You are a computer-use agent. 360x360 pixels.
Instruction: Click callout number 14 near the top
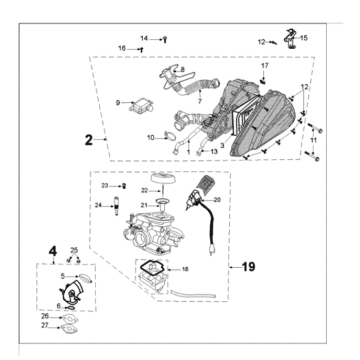pyautogui.click(x=143, y=37)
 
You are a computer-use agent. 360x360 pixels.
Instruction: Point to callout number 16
pyautogui.click(x=123, y=47)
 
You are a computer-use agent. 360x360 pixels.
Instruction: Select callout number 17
pyautogui.click(x=265, y=66)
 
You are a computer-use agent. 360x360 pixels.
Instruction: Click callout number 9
pyautogui.click(x=117, y=102)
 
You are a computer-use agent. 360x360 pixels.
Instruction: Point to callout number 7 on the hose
pyautogui.click(x=199, y=100)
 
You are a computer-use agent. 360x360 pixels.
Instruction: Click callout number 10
pyautogui.click(x=151, y=136)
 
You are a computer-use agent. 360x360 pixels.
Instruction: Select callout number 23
pyautogui.click(x=104, y=186)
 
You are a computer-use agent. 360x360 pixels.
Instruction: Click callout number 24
pyautogui.click(x=97, y=206)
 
